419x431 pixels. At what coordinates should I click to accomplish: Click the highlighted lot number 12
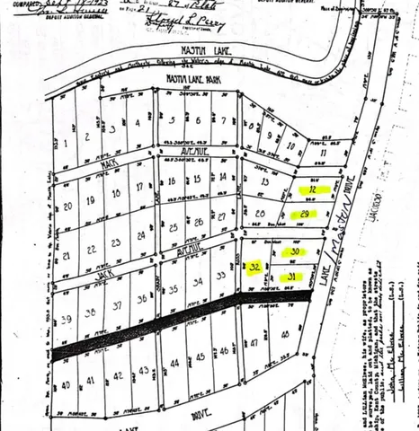point(312,190)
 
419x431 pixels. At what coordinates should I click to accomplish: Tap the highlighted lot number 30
point(294,253)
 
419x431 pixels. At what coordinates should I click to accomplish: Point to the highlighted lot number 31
point(292,277)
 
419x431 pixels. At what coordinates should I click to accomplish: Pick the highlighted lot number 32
point(255,267)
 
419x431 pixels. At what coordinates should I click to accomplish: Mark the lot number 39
point(65,318)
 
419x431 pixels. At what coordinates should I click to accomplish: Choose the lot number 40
point(65,384)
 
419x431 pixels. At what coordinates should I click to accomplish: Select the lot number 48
point(285,334)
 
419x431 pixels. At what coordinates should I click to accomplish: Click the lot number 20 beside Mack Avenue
point(67,206)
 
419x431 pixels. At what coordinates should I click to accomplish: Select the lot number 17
point(138,187)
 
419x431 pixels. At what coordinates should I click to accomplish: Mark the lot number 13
point(264,181)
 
